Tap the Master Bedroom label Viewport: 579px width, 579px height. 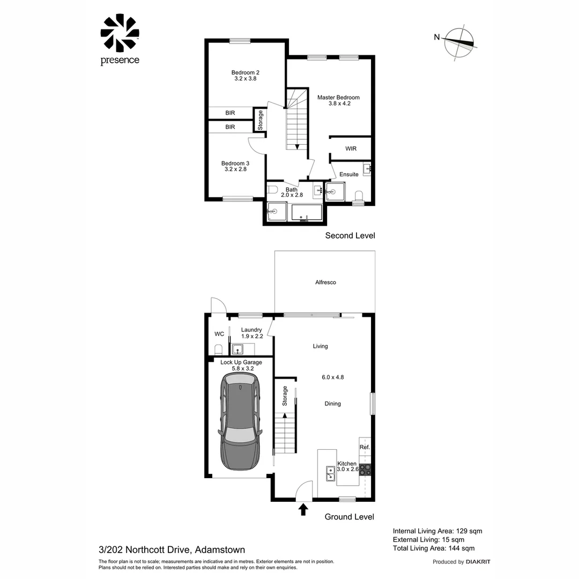pyautogui.click(x=338, y=101)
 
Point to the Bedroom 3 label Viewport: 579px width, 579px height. pyautogui.click(x=235, y=166)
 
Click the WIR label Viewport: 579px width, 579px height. pyautogui.click(x=351, y=149)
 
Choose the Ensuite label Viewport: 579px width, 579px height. pyautogui.click(x=349, y=174)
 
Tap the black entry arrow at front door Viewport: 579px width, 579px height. pyautogui.click(x=303, y=509)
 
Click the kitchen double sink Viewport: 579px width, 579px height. pyautogui.click(x=331, y=473)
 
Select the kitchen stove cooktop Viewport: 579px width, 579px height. pyautogui.click(x=366, y=470)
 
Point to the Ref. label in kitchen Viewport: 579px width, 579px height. pyautogui.click(x=365, y=447)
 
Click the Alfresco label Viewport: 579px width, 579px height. pyautogui.click(x=325, y=282)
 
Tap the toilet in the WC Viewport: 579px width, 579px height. pyautogui.click(x=218, y=350)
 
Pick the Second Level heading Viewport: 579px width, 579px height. pyautogui.click(x=350, y=235)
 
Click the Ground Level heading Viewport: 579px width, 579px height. pyautogui.click(x=350, y=517)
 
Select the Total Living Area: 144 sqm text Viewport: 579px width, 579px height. pyautogui.click(x=434, y=548)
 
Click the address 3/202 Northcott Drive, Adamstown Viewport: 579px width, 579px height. pyautogui.click(x=172, y=550)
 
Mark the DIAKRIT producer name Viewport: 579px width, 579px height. pyautogui.click(x=478, y=562)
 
